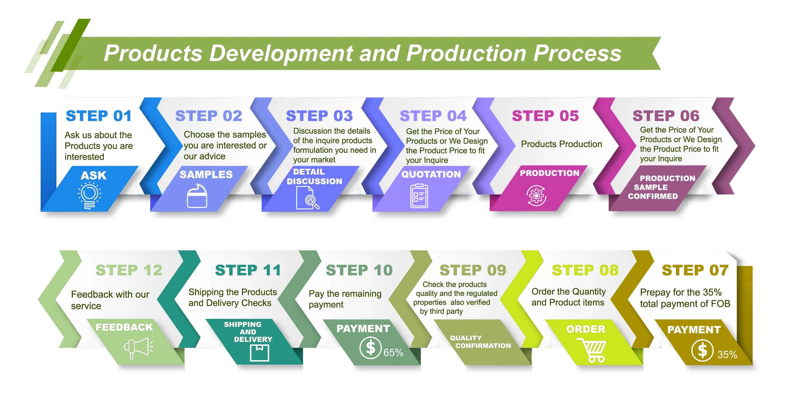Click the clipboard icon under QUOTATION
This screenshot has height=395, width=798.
(419, 196)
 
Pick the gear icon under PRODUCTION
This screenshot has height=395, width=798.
(536, 196)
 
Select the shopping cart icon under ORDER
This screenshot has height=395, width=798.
(592, 350)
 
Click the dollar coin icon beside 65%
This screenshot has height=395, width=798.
(370, 348)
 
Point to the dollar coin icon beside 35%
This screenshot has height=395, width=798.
(702, 351)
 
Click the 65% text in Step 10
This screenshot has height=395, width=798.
(393, 353)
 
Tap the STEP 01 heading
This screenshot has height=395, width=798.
(99, 116)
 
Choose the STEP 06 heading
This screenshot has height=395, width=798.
(666, 116)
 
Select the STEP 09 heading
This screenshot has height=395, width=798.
(473, 270)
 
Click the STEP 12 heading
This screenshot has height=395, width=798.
(129, 270)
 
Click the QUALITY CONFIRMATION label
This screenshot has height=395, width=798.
(480, 342)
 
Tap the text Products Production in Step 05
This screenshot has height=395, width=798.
(561, 144)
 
